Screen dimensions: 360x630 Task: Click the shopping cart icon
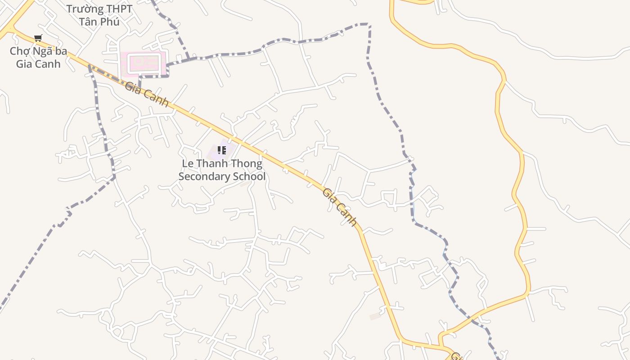pyautogui.click(x=38, y=38)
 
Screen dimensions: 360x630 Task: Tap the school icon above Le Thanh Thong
pyautogui.click(x=221, y=150)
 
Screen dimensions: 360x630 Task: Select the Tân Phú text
pyautogui.click(x=99, y=22)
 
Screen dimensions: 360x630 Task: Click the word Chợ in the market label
pyautogui.click(x=19, y=51)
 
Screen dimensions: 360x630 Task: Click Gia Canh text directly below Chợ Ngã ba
pyautogui.click(x=38, y=64)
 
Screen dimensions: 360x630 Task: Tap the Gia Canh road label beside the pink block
pyautogui.click(x=147, y=94)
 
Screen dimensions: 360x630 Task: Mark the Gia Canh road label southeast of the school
pyautogui.click(x=340, y=207)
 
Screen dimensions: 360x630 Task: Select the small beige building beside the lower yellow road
pyautogui.click(x=375, y=317)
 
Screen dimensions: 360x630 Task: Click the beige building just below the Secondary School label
pyautogui.click(x=245, y=183)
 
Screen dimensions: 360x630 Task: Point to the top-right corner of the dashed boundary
pyautogui.click(x=369, y=24)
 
